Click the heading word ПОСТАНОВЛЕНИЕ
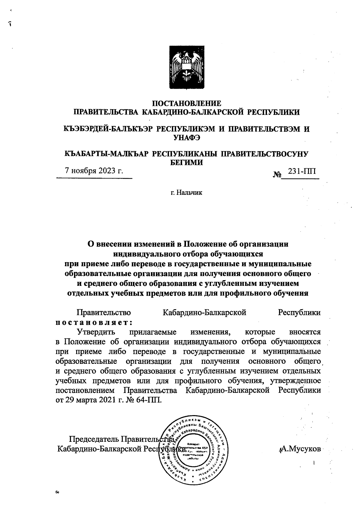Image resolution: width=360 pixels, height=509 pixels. click(x=187, y=103)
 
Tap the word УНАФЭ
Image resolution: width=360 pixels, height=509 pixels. click(x=187, y=138)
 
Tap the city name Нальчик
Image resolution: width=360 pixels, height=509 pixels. click(x=189, y=192)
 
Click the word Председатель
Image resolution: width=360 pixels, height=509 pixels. click(x=94, y=439)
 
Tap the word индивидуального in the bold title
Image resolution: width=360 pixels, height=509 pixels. click(x=147, y=254)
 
